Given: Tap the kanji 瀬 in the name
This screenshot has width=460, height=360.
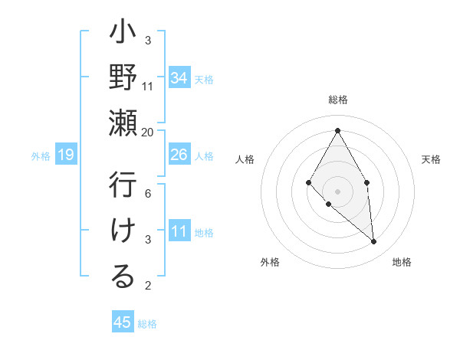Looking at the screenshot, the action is pos(123,123).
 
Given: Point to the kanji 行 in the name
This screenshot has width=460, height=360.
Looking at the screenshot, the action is pos(123,186).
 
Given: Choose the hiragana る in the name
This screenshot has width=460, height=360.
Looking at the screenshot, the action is pos(123,277).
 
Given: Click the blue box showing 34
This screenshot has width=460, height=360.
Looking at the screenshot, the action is pos(179,77).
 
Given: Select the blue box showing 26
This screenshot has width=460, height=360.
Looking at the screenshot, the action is pos(179,155).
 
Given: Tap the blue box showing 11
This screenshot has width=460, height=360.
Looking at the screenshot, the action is pos(179,231).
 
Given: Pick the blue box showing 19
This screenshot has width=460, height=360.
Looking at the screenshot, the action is pos(66,155).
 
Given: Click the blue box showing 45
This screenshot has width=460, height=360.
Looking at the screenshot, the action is pos(123,322).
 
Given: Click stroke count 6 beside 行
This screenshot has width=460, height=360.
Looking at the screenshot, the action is pos(148,195).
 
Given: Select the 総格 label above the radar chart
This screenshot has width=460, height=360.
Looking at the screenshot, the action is pos(338,100).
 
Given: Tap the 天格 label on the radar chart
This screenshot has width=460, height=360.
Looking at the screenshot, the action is pos(432,159).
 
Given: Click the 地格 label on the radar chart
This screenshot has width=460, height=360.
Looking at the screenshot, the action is pos(402,262).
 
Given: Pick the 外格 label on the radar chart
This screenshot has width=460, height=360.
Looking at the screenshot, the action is pos(270,262).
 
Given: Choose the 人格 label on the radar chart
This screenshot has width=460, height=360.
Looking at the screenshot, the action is pos(245,159).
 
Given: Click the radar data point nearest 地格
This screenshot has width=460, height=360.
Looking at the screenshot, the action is pos(374,242).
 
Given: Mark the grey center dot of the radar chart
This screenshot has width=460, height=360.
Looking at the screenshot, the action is pos(337,191).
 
